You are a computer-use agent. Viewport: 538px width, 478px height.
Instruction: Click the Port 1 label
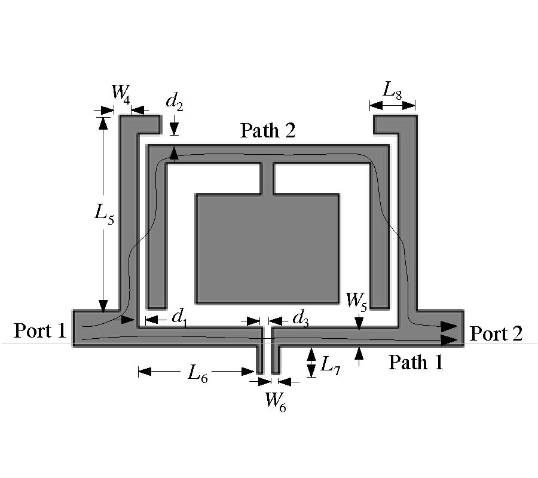40,330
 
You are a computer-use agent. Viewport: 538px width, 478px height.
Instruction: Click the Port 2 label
496,333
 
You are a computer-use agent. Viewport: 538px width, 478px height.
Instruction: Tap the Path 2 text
268,130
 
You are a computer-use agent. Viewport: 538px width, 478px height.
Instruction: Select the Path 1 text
416,362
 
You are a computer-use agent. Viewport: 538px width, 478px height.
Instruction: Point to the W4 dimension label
121,93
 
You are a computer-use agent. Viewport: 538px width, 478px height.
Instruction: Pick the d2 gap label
175,102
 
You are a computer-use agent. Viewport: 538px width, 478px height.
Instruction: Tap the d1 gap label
179,318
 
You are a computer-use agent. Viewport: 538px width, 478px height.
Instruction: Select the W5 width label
356,301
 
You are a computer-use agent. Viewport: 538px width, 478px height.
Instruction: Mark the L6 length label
198,373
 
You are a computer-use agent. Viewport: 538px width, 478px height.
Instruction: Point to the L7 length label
330,364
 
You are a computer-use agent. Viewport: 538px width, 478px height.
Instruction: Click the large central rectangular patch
267,249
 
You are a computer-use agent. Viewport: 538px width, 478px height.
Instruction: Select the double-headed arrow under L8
393,105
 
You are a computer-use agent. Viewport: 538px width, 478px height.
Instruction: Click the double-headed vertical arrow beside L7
311,362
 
